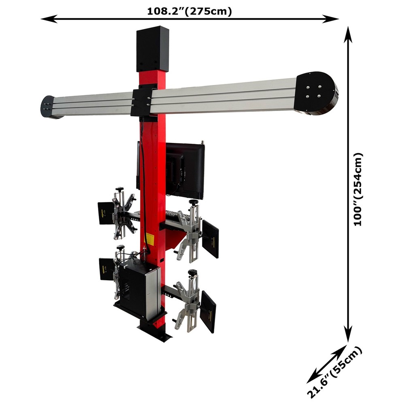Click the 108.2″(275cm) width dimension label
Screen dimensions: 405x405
pos(190,11)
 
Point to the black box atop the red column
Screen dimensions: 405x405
pos(152,49)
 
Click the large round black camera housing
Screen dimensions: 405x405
pos(316,93)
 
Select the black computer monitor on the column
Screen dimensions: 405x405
pos(185,170)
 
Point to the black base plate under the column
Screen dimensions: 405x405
pos(156,330)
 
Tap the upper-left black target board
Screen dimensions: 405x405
pos(106,213)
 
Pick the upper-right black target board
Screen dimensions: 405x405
pos(210,239)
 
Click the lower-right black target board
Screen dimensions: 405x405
pos(208,312)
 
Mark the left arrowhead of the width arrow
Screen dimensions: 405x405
pos(45,19)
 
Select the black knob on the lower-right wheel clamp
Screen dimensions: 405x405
pos(192,272)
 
